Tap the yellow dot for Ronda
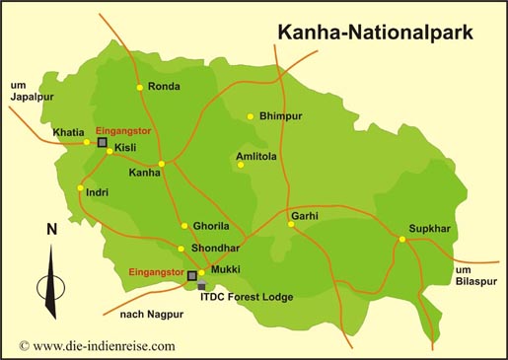point(140,88)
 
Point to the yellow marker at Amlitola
point(241,165)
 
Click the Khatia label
point(68,132)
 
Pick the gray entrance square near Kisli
point(102,143)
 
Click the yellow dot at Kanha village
point(162,164)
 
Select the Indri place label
point(98,191)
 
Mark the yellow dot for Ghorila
point(183,226)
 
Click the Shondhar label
point(214,249)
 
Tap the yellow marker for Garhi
point(291,224)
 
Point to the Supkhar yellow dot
point(401,240)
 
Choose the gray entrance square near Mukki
point(192,276)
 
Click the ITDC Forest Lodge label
point(246,294)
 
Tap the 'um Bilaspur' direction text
point(477,276)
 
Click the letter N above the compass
point(50,230)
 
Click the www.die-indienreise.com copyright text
point(97,345)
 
